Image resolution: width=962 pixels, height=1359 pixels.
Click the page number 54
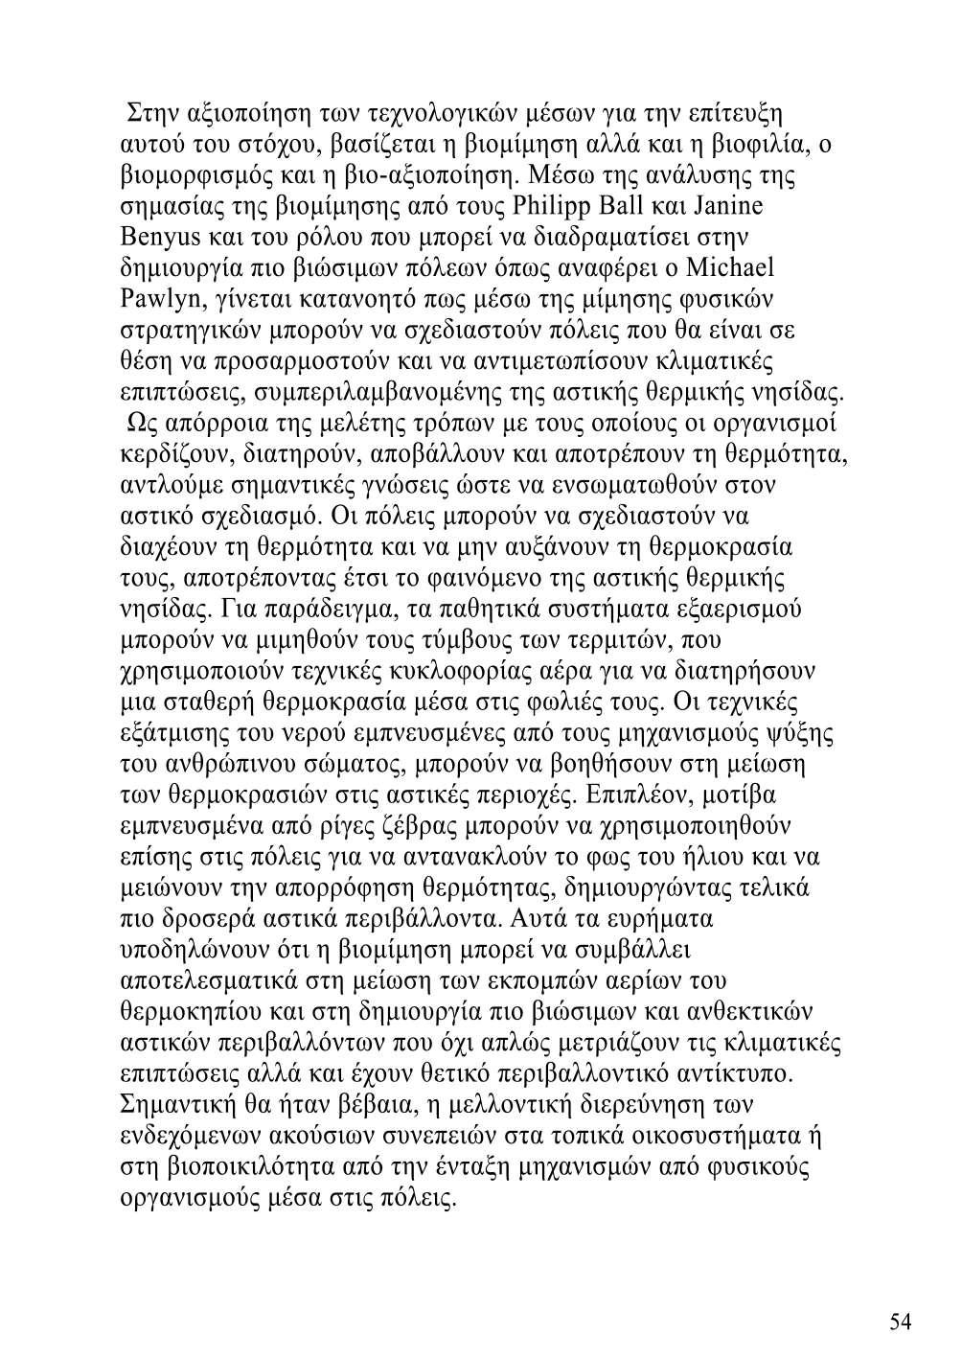point(900,1322)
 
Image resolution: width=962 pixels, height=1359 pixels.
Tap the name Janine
point(731,206)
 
